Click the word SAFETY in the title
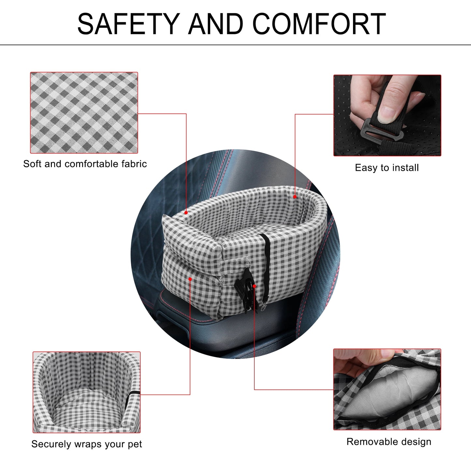coord(129,24)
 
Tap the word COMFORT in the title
coord(319,24)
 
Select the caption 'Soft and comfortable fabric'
coord(85,164)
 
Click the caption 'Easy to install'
coord(387,168)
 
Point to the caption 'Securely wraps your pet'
coord(86,444)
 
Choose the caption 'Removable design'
coord(389,442)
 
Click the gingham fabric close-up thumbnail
coord(84,113)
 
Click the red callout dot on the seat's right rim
coord(295,197)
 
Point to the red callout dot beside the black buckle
coord(255,286)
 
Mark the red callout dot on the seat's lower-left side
coord(190,279)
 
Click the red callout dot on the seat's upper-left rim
coord(186,213)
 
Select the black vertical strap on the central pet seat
coord(266,266)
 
